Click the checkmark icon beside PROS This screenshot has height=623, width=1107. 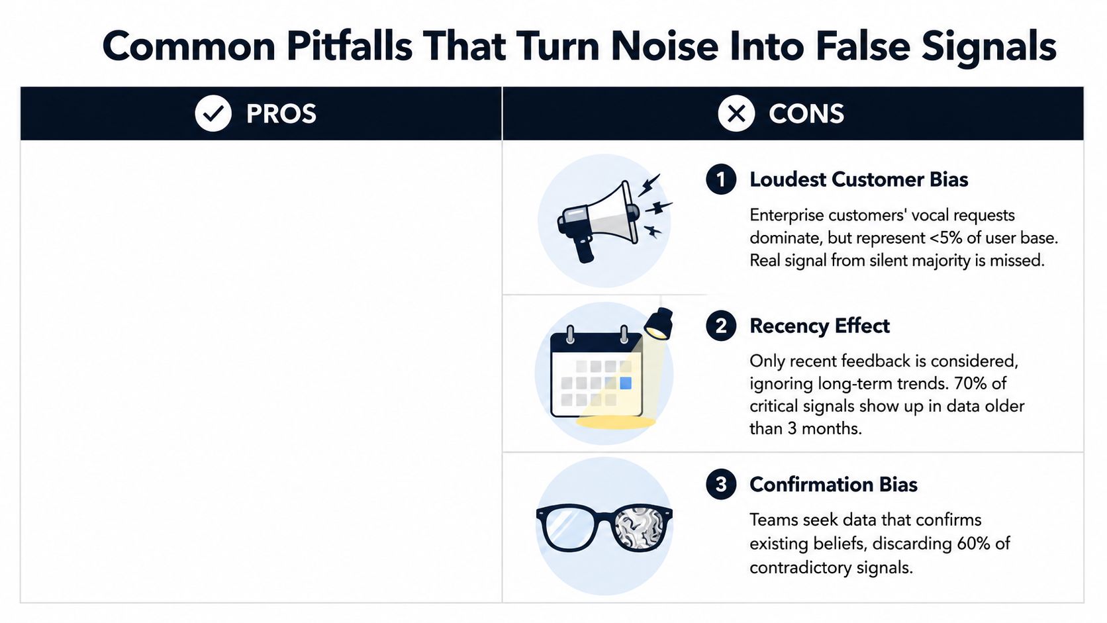pos(213,114)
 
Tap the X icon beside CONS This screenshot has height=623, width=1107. pos(736,114)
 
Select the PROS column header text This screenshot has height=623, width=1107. pos(281,114)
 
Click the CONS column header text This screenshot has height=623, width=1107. pos(806,114)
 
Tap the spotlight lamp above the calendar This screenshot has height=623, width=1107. pos(659,324)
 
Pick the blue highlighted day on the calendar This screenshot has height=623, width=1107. pos(626,383)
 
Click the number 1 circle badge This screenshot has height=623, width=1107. pos(721,179)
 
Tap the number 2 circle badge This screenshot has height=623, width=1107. pos(721,326)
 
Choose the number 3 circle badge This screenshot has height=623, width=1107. pos(721,484)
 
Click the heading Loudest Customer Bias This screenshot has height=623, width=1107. pos(859,179)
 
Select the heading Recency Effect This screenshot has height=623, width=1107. pos(820,326)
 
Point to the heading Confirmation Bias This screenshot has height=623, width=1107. pos(833,485)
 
